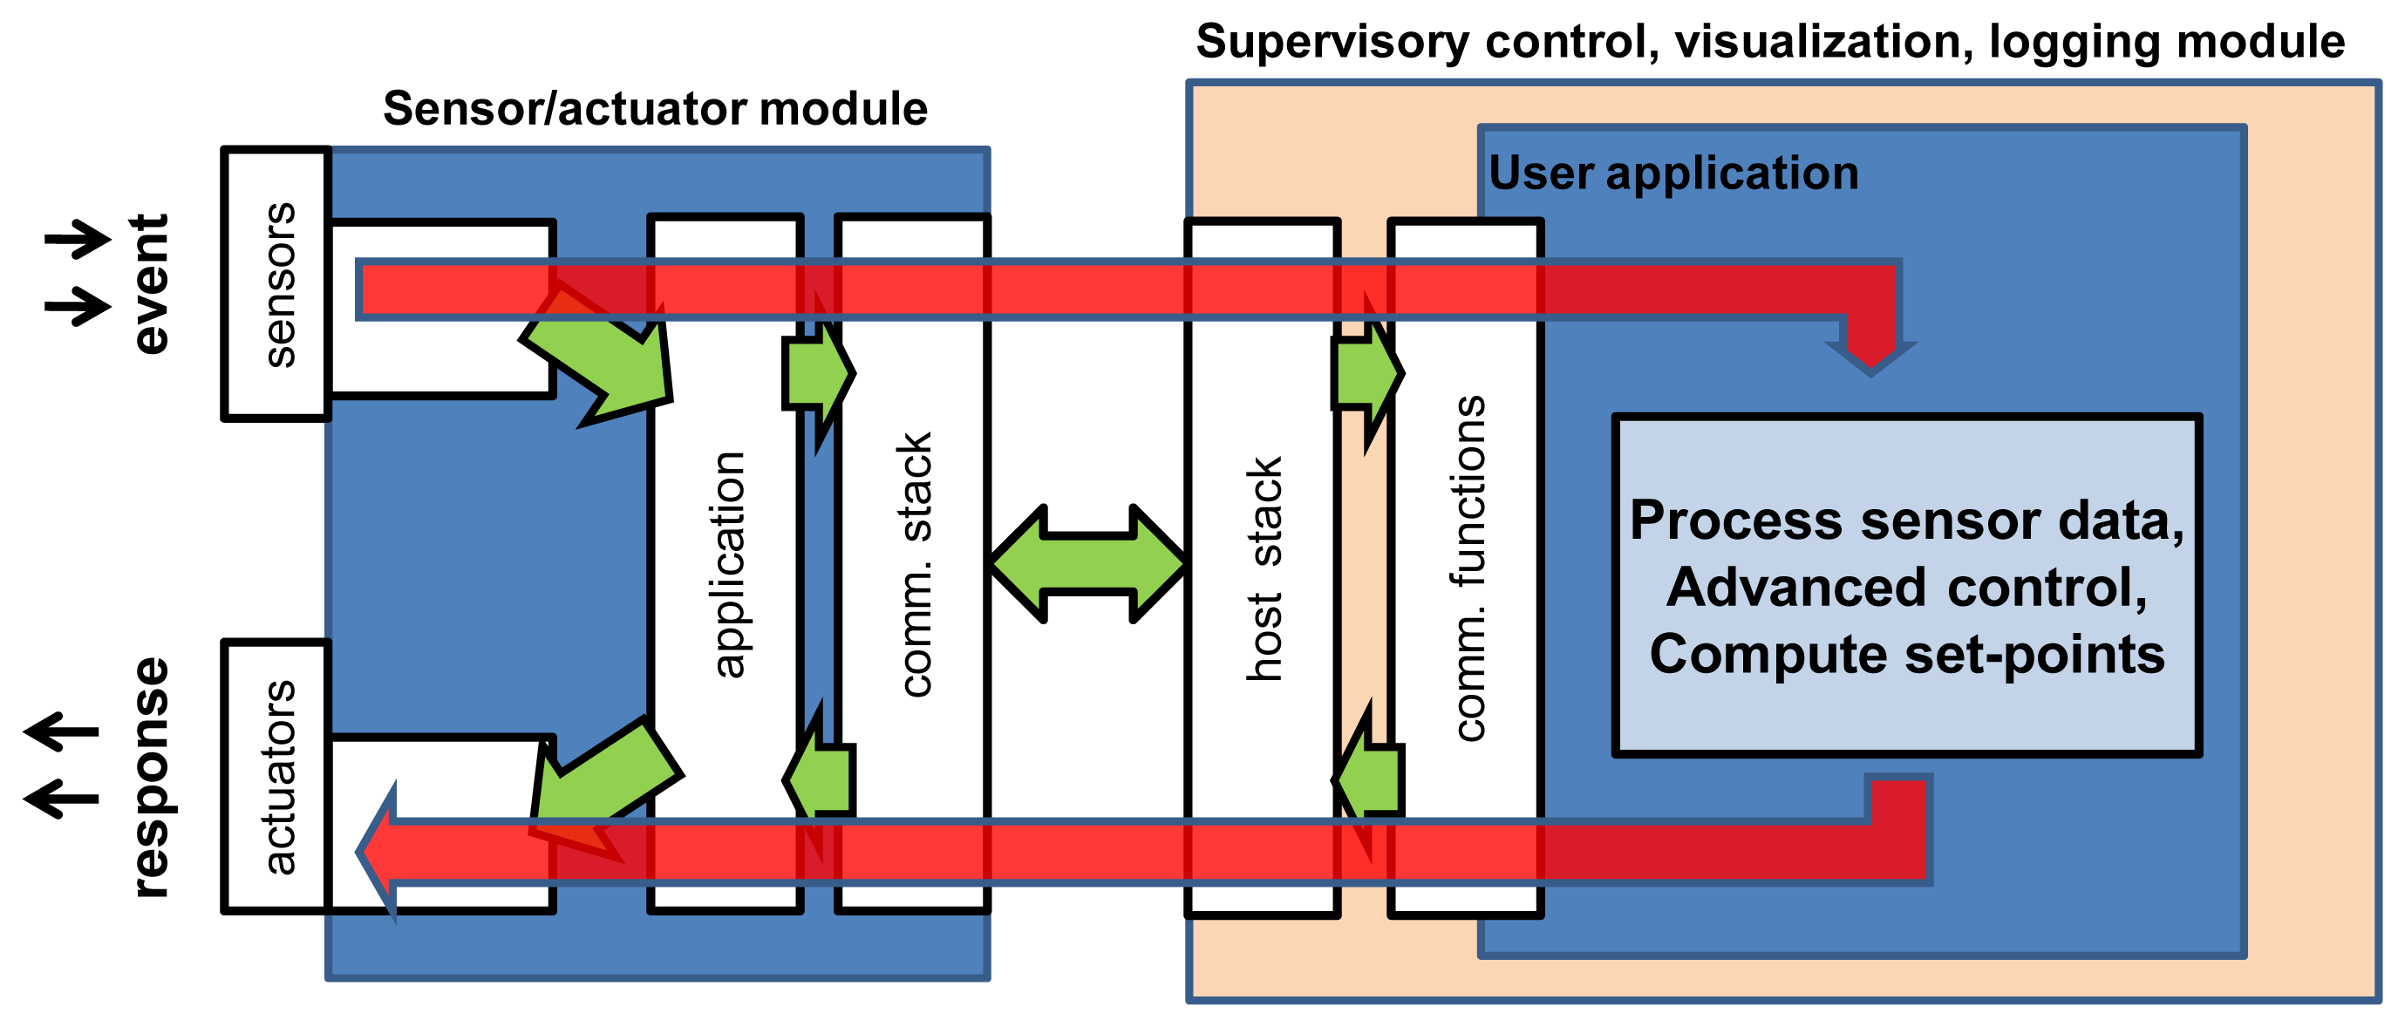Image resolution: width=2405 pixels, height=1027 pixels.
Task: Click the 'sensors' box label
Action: [279, 284]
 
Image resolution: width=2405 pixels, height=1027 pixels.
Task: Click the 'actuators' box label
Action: [279, 777]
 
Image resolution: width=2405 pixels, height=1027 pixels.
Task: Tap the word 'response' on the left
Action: [149, 778]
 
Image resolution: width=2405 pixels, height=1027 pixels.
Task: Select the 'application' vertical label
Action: [727, 564]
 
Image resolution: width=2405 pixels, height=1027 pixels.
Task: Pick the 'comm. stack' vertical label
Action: [915, 564]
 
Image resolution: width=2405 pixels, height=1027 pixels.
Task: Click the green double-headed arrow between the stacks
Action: [1088, 564]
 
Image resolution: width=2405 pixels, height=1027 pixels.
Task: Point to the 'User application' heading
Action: [1673, 173]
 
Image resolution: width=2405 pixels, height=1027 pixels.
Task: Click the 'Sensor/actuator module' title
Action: [656, 108]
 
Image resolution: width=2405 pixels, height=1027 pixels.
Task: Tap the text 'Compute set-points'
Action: [1907, 654]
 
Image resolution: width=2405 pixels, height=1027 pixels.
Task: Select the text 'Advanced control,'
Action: [1907, 588]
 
